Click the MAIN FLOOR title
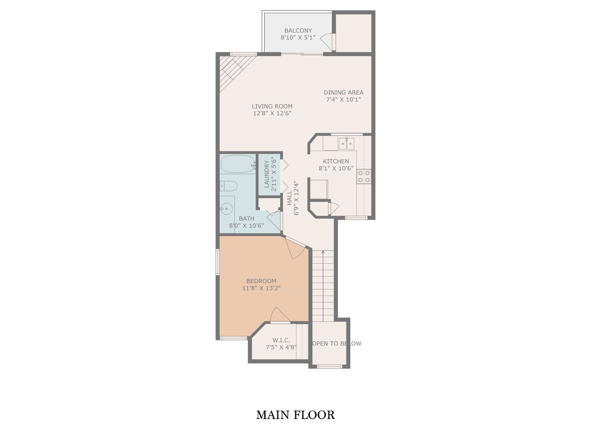click(x=295, y=415)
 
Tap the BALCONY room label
click(x=298, y=30)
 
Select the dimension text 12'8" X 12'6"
click(x=272, y=113)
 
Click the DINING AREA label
click(x=344, y=92)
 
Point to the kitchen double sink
click(x=347, y=144)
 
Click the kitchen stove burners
click(x=364, y=177)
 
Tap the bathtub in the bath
click(x=238, y=164)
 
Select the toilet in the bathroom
click(x=229, y=186)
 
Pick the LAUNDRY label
click(x=267, y=174)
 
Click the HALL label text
click(x=289, y=198)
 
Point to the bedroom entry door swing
click(x=295, y=248)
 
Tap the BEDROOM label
click(x=261, y=281)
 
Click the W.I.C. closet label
click(x=281, y=340)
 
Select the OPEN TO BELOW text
click(x=337, y=343)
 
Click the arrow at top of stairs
click(x=323, y=252)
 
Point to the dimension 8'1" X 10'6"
click(x=336, y=168)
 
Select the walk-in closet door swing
click(x=280, y=315)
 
